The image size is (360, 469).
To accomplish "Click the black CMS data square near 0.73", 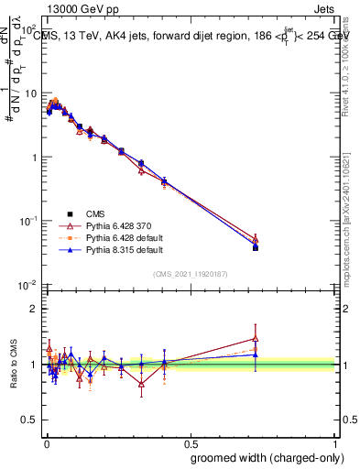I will point(256,247).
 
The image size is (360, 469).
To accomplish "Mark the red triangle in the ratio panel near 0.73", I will point(256,338).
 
